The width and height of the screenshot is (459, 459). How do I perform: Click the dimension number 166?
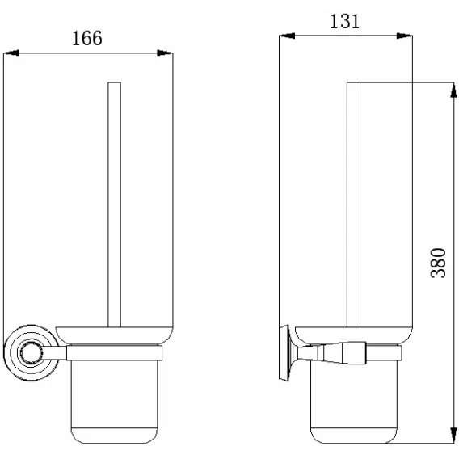(87, 38)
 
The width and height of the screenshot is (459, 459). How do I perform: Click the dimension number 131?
(344, 21)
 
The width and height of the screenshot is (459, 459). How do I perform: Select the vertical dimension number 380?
(438, 263)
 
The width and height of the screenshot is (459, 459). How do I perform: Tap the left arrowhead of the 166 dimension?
(11, 53)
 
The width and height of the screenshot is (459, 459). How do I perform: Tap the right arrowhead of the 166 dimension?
(165, 53)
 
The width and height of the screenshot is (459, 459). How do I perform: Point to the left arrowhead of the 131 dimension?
(287, 36)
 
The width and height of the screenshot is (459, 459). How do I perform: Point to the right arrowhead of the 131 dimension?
(405, 36)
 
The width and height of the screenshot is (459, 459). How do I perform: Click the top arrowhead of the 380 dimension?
(453, 90)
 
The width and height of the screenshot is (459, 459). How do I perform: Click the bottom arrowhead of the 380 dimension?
(453, 436)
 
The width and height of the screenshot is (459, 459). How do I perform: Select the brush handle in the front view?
(114, 204)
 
